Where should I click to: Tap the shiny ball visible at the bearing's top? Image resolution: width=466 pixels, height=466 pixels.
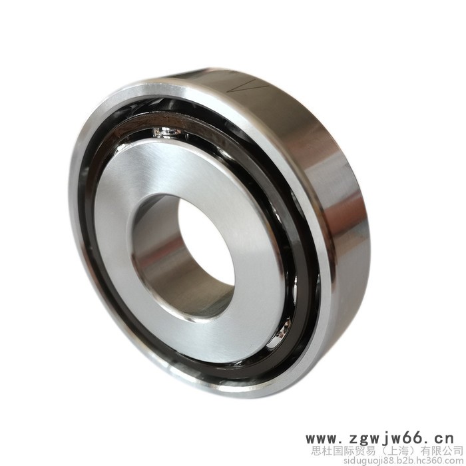click(x=166, y=132)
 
